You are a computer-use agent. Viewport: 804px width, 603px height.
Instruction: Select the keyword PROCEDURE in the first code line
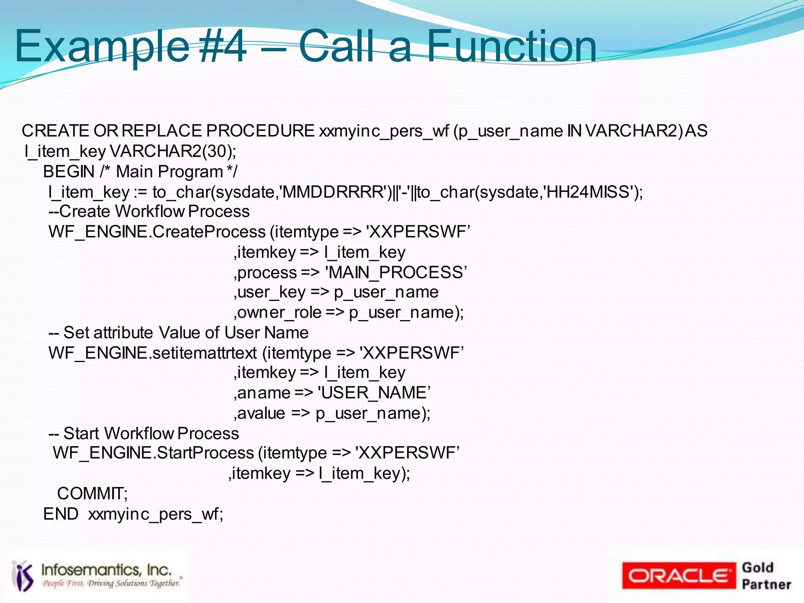click(x=260, y=131)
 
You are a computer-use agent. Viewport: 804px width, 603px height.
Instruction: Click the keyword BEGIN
click(x=69, y=172)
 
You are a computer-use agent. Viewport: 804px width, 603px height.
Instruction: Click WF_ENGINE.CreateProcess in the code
click(x=157, y=232)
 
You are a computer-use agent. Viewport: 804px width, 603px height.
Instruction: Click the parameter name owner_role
click(x=280, y=313)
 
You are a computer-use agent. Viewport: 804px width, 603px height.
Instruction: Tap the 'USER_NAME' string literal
click(x=374, y=393)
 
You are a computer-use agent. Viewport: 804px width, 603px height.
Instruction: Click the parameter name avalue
click(x=261, y=414)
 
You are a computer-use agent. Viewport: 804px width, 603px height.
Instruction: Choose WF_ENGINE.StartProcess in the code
click(x=153, y=453)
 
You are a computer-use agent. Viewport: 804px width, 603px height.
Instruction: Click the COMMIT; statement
click(x=92, y=494)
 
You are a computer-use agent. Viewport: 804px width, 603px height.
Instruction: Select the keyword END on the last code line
click(x=61, y=514)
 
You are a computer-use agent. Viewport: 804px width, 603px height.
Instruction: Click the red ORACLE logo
click(x=678, y=576)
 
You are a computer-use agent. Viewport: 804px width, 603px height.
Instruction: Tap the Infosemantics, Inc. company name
click(x=106, y=570)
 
